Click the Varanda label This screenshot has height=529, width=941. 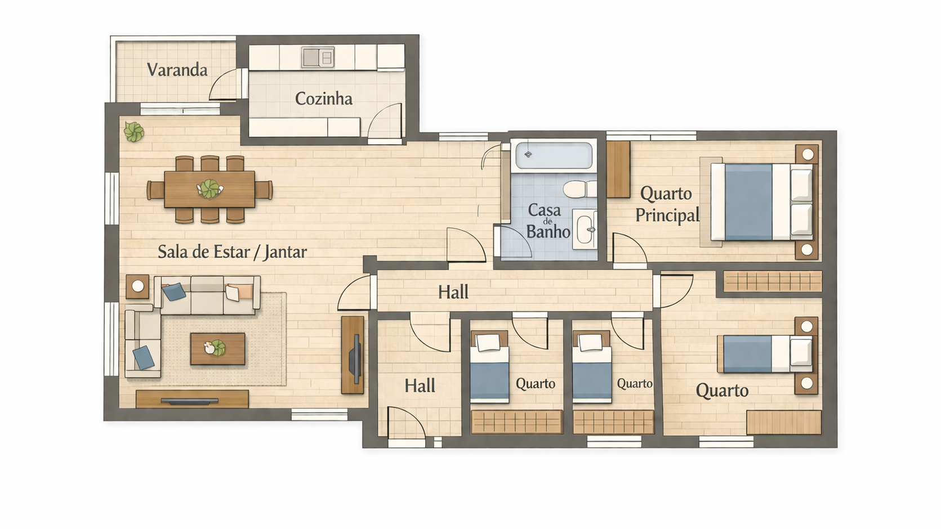[177, 70]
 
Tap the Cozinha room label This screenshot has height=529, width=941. [323, 98]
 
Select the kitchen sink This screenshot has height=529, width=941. [318, 57]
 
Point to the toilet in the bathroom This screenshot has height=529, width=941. [579, 189]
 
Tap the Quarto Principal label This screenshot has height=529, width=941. [667, 204]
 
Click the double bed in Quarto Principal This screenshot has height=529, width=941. [761, 202]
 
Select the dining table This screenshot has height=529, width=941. [209, 189]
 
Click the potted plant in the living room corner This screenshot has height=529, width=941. [134, 132]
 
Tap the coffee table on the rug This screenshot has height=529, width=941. [217, 349]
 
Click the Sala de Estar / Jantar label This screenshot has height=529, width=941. [233, 252]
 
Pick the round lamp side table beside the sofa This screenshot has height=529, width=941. [138, 286]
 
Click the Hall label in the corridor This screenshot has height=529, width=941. [453, 292]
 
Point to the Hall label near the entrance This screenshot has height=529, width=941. [420, 386]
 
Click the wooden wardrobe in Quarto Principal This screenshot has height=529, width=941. [618, 169]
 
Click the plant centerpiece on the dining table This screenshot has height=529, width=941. [209, 189]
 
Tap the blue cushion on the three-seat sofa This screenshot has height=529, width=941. [174, 292]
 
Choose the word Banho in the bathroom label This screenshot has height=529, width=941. [548, 232]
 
